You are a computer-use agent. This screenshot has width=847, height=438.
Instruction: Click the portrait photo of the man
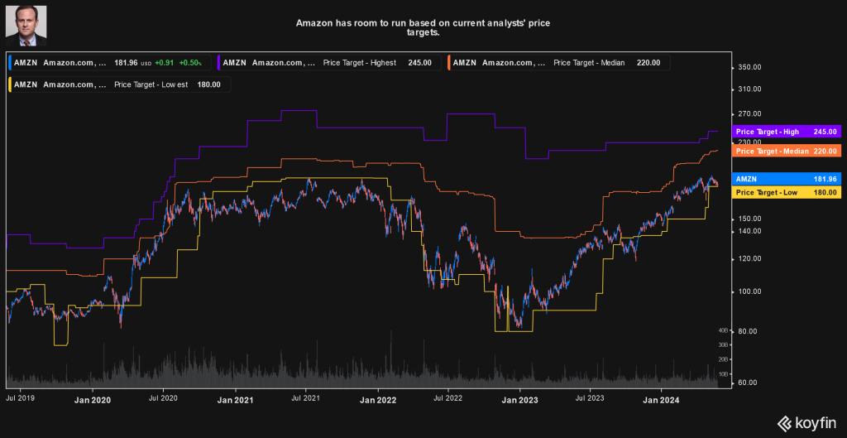[x=26, y=24]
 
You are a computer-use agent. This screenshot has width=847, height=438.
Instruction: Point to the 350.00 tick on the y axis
[x=749, y=68]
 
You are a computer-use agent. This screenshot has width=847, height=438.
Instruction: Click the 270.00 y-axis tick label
[x=749, y=113]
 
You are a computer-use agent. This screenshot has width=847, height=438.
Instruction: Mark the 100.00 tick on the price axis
[x=749, y=291]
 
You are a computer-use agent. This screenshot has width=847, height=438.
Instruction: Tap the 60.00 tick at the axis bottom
[x=747, y=383]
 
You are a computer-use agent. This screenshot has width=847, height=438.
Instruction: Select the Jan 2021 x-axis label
[x=234, y=400]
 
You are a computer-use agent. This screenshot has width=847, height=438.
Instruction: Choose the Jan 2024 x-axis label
[x=662, y=400]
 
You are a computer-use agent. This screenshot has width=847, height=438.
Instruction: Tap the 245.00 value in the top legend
[x=419, y=63]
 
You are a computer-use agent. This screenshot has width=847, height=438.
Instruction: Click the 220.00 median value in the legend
[x=648, y=63]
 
